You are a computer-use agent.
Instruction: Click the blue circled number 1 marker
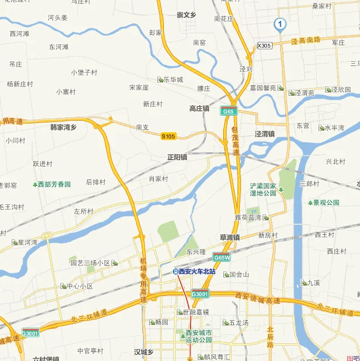(x=280, y=24)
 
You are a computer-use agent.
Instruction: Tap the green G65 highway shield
(x=228, y=111)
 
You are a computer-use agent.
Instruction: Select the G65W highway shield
(x=222, y=257)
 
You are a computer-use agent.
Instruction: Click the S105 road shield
(x=168, y=136)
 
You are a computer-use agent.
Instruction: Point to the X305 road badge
(x=265, y=46)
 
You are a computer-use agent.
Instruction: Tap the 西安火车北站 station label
(x=197, y=272)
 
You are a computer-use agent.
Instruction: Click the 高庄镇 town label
(x=199, y=109)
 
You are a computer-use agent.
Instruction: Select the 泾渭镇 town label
(x=265, y=134)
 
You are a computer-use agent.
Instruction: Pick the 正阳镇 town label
(x=177, y=157)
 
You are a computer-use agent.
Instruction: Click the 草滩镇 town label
(x=229, y=237)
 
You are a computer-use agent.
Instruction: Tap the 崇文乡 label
(x=187, y=15)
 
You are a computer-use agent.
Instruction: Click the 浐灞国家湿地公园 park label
(x=263, y=189)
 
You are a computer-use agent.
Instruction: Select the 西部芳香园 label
(x=55, y=184)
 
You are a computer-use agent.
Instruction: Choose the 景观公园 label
(x=326, y=203)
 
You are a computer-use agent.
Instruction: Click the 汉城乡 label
(x=147, y=352)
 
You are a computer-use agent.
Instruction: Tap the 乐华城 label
(x=173, y=80)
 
